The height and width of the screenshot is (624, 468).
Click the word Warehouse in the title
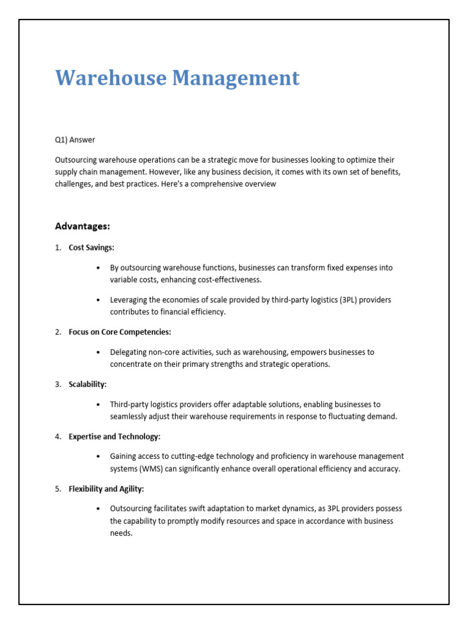click(110, 78)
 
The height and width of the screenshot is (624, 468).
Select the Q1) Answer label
click(75, 140)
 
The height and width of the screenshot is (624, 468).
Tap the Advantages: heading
click(82, 226)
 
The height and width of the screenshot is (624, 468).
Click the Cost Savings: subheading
click(91, 247)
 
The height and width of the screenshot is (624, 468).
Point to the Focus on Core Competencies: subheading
click(120, 332)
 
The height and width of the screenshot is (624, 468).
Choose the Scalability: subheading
click(88, 385)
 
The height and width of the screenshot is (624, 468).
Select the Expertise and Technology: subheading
click(115, 437)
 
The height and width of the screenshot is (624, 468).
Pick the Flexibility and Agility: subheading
click(106, 489)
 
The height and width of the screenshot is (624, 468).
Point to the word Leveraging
click(130, 300)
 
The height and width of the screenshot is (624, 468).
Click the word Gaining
click(124, 456)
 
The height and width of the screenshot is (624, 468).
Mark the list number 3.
click(58, 385)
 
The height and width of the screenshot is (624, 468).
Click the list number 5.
click(58, 489)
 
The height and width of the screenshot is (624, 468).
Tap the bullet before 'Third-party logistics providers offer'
click(98, 405)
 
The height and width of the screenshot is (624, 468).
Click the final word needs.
click(121, 533)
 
